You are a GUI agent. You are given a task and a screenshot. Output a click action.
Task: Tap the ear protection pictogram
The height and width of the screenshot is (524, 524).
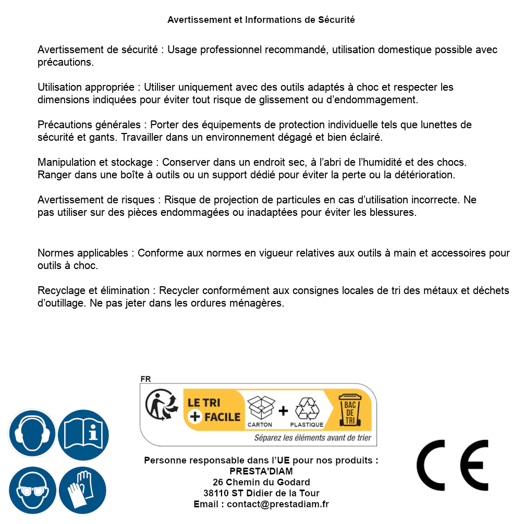coord(32,433)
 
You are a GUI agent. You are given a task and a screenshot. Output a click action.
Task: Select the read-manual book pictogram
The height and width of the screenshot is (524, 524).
coord(83,433)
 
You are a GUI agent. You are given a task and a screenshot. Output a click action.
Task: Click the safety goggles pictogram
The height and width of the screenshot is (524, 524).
coord(32,490)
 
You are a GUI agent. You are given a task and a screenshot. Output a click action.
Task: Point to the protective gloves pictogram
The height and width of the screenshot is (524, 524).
coord(83,490)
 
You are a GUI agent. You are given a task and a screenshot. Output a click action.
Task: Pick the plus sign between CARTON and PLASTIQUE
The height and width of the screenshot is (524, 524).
coord(283,411)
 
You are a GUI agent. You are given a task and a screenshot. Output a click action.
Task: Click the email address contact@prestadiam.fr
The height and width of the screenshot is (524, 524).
coord(278,504)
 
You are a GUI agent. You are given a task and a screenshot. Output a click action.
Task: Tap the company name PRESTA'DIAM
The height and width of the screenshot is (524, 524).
coord(261,471)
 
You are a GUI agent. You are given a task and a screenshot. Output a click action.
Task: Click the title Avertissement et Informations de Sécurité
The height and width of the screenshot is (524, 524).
coord(261,20)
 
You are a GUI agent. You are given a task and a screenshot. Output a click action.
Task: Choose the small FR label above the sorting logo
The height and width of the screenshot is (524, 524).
coord(145,379)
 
